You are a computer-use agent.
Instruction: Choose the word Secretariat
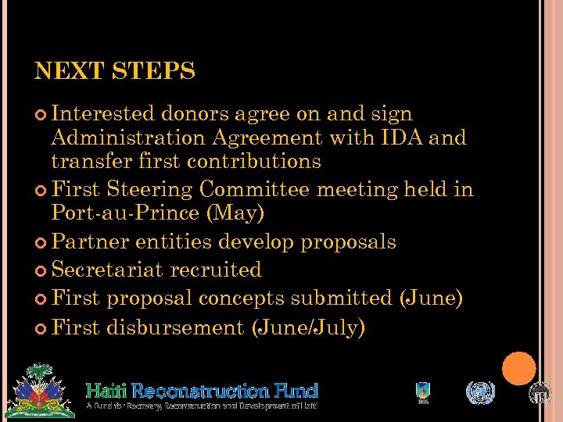[x=107, y=270]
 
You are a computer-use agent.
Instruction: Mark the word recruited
[x=215, y=270]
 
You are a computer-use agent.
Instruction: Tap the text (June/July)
[x=308, y=327]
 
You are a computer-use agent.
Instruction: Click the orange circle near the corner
[x=519, y=369]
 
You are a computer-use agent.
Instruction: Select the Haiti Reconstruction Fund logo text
[x=202, y=390]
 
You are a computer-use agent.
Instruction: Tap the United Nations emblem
[x=480, y=392]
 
